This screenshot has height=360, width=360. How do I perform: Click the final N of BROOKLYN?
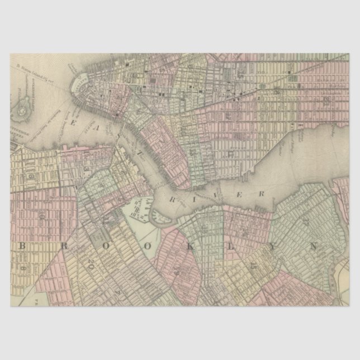click(x=313, y=246)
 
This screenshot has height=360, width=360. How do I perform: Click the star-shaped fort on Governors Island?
click(x=21, y=110)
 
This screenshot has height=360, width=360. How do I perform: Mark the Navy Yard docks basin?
click(x=140, y=210)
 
